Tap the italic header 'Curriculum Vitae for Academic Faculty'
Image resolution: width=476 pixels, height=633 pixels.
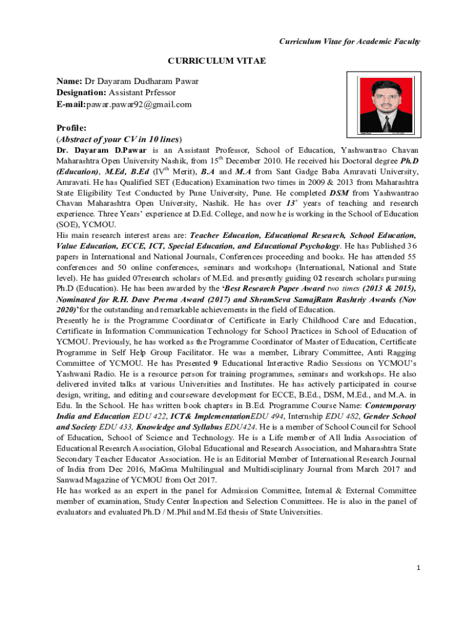350,41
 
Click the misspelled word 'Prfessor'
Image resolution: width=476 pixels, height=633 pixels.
155,93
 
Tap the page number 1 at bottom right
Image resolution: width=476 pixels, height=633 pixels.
419,568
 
